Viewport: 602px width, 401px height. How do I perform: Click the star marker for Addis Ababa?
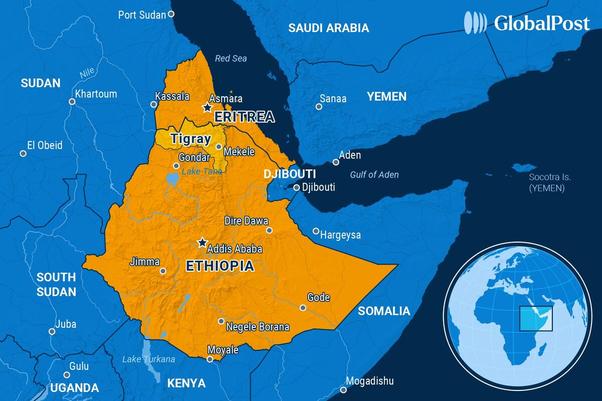click(202, 243)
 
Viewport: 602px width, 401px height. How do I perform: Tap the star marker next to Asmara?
click(207, 107)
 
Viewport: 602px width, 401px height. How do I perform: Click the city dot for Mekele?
click(219, 147)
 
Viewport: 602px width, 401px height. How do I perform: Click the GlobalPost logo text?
click(541, 23)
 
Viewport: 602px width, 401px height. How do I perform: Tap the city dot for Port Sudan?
click(171, 14)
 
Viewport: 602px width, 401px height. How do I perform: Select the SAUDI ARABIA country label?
click(328, 28)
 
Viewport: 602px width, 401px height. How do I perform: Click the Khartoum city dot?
click(72, 102)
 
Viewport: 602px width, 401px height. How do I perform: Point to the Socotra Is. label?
click(550, 177)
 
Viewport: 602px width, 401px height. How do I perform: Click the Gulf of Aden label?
click(374, 174)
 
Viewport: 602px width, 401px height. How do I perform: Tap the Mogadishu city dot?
click(344, 390)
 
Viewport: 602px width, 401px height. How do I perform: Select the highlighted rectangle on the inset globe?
click(536, 319)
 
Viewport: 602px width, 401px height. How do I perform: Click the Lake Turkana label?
click(149, 359)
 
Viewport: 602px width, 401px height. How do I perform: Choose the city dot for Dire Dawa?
click(269, 231)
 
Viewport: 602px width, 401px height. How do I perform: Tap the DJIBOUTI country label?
click(290, 174)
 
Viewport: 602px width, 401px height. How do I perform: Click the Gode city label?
click(319, 297)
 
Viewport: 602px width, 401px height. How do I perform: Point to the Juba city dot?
click(52, 331)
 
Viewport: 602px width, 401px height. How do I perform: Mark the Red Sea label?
click(231, 59)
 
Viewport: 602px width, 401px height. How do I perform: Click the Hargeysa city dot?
click(316, 231)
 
